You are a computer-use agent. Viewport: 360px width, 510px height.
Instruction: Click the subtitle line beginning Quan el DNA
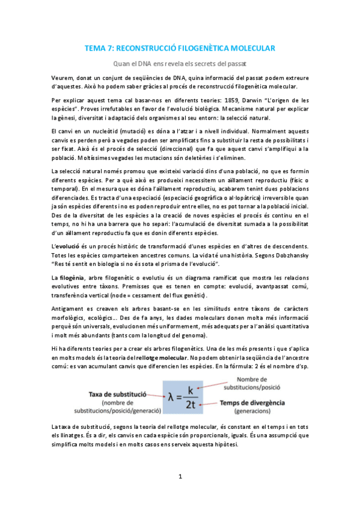pos(180,63)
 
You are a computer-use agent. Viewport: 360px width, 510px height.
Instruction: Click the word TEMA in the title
pos(96,48)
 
